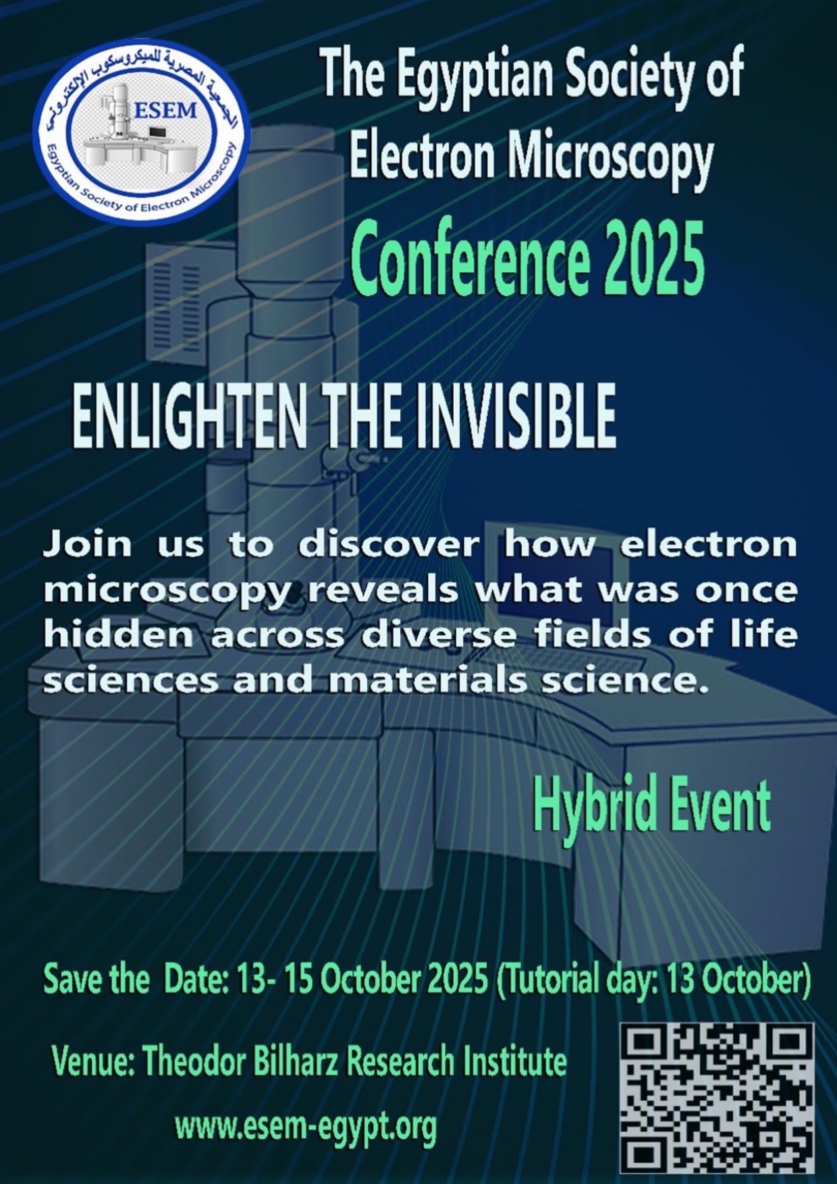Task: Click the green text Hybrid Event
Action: (x=651, y=806)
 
